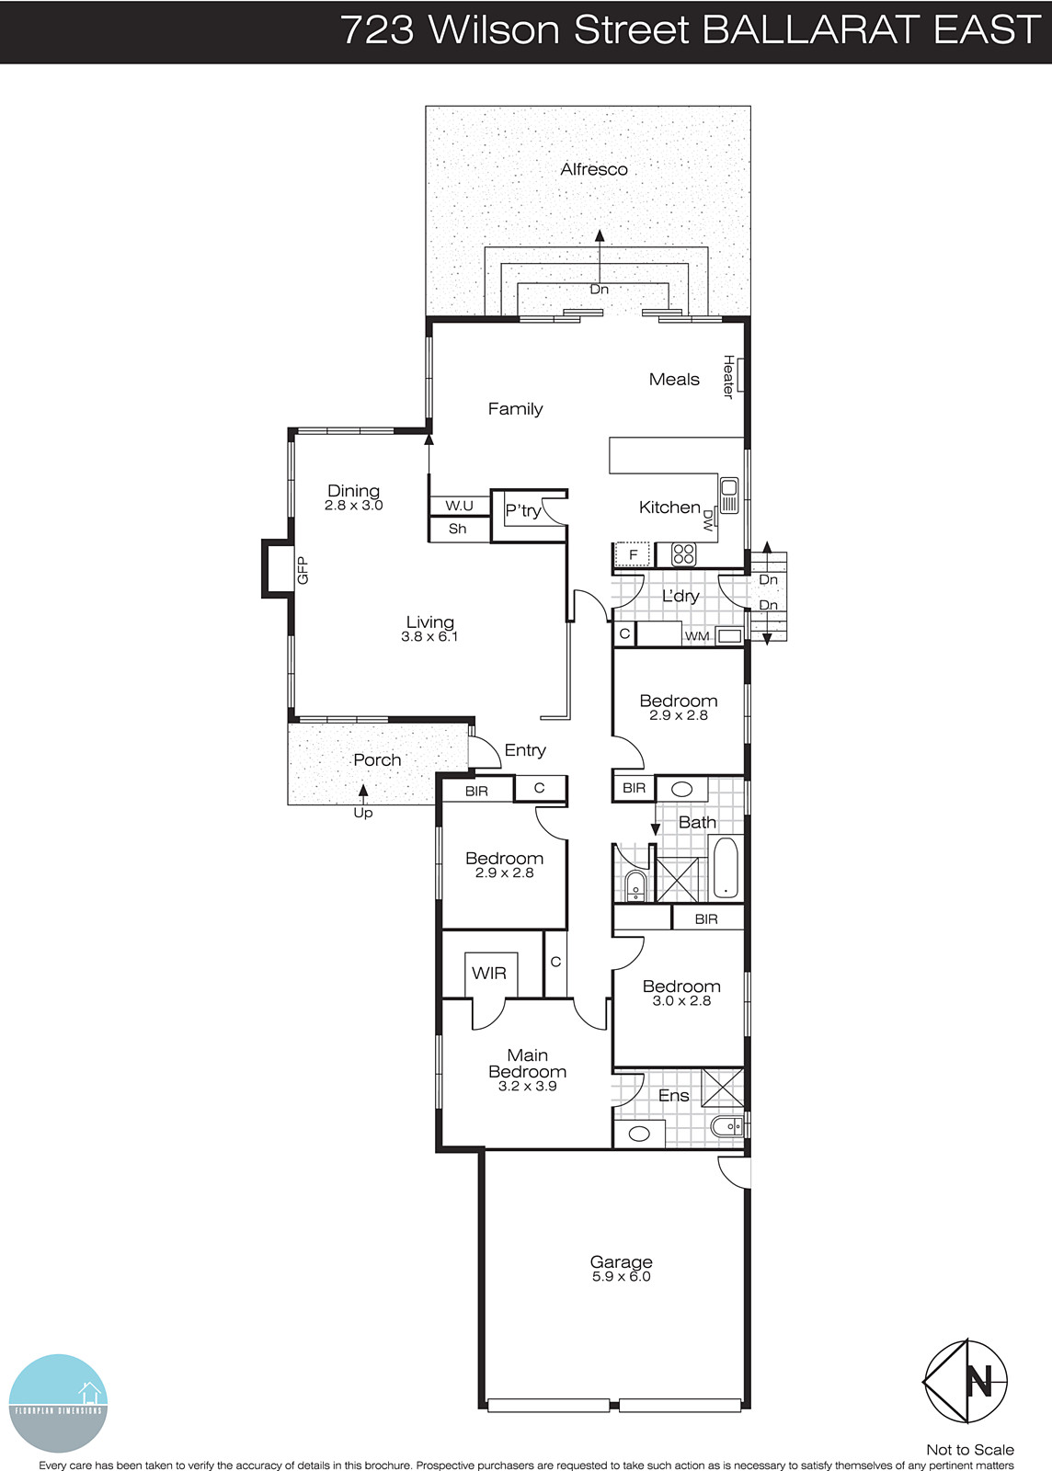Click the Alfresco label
(x=594, y=169)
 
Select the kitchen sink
(x=729, y=495)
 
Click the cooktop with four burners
(x=683, y=553)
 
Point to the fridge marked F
(x=633, y=554)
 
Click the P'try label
(x=522, y=510)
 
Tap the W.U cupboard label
(x=459, y=506)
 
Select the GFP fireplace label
(x=303, y=570)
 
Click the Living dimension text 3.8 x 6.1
(x=429, y=636)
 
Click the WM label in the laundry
(x=696, y=636)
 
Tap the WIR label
(x=488, y=973)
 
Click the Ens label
(x=673, y=1096)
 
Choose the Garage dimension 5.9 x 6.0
(x=621, y=1277)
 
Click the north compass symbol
(x=966, y=1381)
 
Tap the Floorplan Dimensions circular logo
(x=58, y=1403)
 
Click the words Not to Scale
(x=969, y=1450)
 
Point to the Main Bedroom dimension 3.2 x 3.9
(x=527, y=1086)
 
